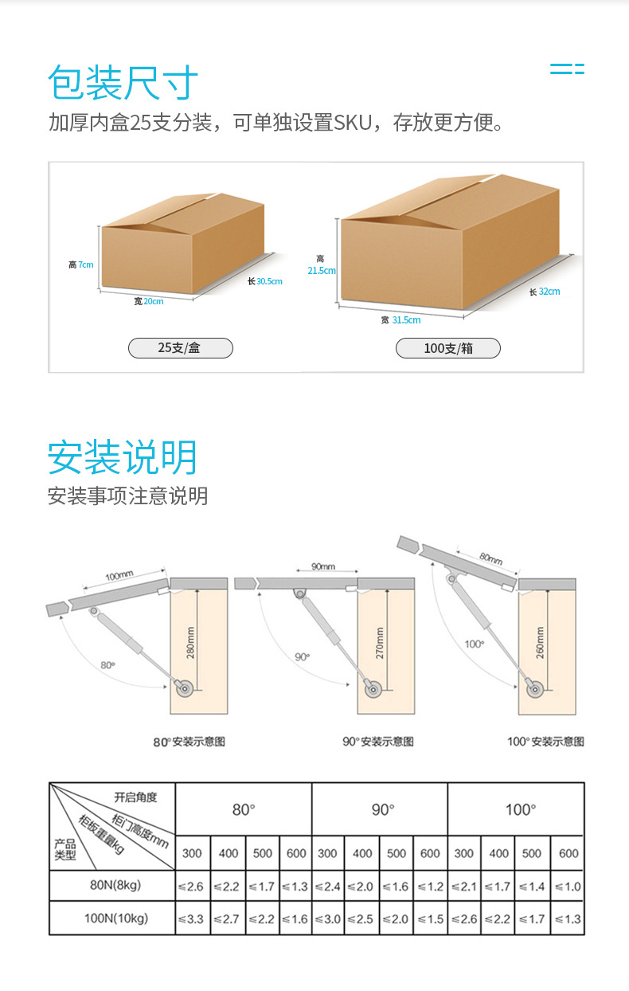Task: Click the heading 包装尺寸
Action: (x=123, y=82)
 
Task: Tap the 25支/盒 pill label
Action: (x=180, y=348)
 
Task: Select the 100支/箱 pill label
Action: (x=448, y=348)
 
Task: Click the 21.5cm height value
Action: (x=322, y=270)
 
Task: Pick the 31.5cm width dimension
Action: (x=405, y=320)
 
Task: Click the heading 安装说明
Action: (x=123, y=457)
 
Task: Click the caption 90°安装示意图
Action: (x=378, y=742)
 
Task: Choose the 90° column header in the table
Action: (x=382, y=809)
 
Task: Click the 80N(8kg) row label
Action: (x=113, y=886)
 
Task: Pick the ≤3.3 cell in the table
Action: (x=191, y=919)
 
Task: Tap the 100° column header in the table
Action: (x=520, y=809)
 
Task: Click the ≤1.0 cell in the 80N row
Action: (x=568, y=886)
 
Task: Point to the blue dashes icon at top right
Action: (x=567, y=69)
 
